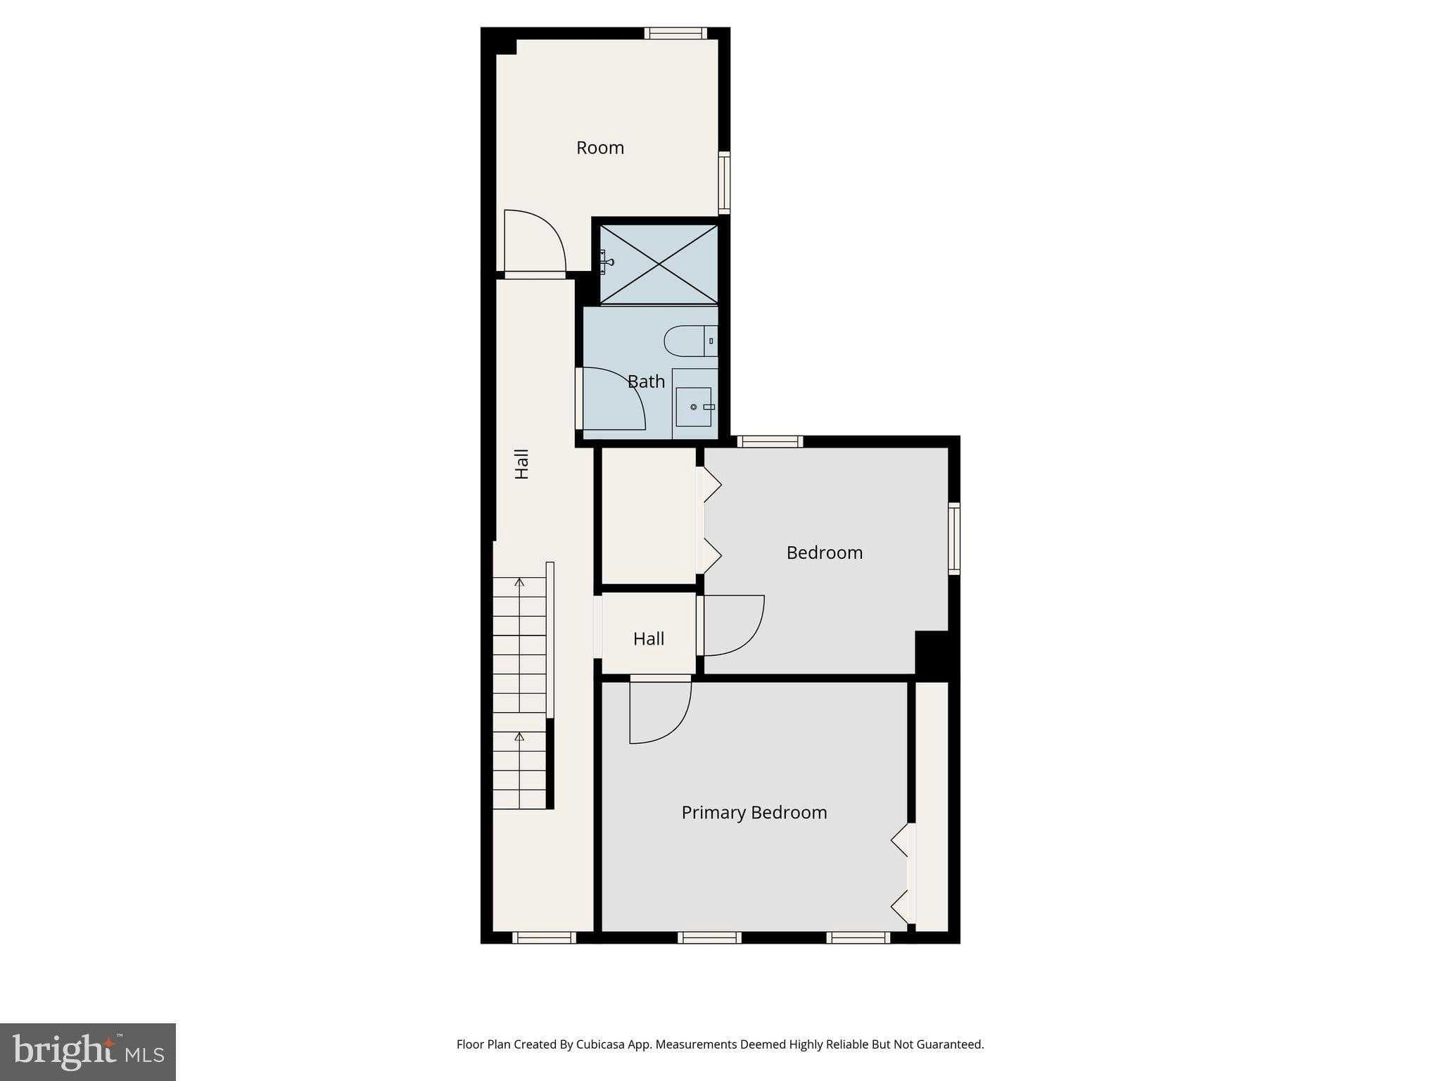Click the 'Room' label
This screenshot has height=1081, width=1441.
(x=600, y=148)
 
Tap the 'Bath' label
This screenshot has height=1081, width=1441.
(x=646, y=381)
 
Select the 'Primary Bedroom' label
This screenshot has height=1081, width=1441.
(x=754, y=813)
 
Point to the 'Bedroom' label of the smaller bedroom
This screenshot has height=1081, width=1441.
(x=825, y=552)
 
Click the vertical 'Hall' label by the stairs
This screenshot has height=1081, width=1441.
(x=522, y=464)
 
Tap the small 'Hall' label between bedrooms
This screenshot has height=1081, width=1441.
(x=649, y=639)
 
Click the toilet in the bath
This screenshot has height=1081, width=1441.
(x=691, y=341)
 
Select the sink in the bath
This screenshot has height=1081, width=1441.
(x=694, y=407)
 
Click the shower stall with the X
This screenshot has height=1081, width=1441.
(x=659, y=265)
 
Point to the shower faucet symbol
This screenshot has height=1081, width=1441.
(x=606, y=262)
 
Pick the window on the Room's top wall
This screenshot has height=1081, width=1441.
(x=675, y=33)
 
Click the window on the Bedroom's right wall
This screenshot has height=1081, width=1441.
(x=954, y=538)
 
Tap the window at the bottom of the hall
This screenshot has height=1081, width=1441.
(x=545, y=937)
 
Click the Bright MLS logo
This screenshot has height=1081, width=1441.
(x=88, y=1052)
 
